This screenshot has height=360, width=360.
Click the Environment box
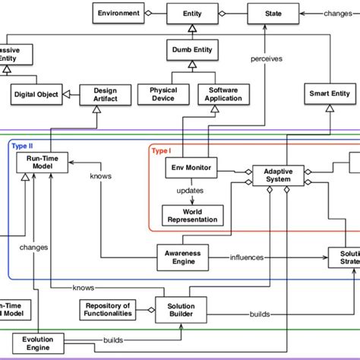click(x=118, y=13)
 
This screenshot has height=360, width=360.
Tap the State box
click(x=271, y=13)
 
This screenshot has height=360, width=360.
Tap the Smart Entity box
click(x=330, y=94)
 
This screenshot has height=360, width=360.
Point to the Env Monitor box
click(x=190, y=167)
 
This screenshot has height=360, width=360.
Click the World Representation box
click(x=193, y=215)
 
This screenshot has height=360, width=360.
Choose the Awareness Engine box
click(x=183, y=257)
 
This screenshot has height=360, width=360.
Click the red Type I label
click(x=161, y=150)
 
